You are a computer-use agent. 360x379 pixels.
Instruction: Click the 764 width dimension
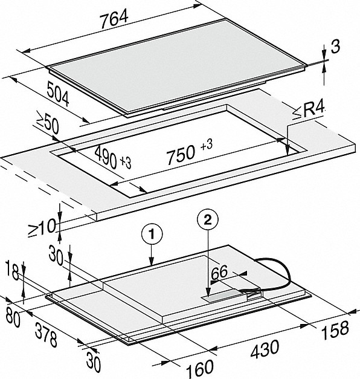pos(114,20)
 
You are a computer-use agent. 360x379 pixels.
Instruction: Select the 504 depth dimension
pos(58,94)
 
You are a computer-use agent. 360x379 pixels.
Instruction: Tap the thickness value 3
pos(335,47)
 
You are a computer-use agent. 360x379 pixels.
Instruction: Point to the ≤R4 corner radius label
pos(308,111)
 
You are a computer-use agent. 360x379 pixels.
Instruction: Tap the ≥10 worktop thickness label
pos(42,227)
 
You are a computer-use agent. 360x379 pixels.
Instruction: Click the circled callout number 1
pos(152,234)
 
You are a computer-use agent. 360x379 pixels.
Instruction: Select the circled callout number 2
pos(208,220)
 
